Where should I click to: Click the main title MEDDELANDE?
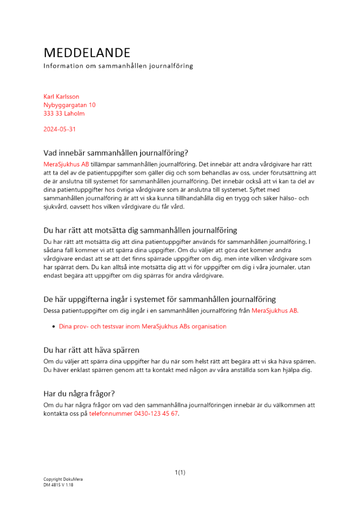87,53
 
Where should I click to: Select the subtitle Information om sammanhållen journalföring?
118,66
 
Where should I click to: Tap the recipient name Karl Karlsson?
61,97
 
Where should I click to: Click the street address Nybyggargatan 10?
69,105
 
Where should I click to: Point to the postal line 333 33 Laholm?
64,114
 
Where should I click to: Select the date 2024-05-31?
60,129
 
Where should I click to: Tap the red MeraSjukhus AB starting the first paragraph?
66,164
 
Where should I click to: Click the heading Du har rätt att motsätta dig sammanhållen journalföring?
140,231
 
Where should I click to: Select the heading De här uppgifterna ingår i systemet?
159,299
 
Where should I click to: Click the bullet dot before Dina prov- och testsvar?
53,327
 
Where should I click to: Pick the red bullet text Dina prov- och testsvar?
143,327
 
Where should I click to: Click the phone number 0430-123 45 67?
156,414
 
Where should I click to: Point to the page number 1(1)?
180,473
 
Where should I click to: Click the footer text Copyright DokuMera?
63,479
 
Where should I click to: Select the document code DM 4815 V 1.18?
58,485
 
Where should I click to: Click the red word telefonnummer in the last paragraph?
110,414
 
